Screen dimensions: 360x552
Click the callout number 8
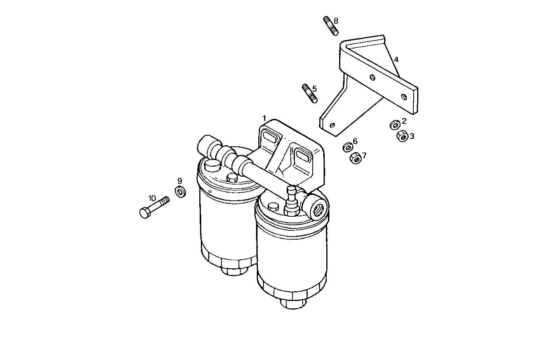point(336,21)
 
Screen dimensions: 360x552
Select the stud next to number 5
point(309,94)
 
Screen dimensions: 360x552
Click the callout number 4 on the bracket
point(396,59)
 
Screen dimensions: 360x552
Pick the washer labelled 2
point(395,125)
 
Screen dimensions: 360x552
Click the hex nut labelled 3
point(402,136)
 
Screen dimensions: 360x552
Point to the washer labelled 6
point(348,147)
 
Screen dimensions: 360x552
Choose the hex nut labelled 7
point(355,158)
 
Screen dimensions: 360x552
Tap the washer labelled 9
point(181,191)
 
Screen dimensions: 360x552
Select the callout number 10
point(151,197)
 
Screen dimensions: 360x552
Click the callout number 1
point(264,118)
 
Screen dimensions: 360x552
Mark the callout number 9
point(179,181)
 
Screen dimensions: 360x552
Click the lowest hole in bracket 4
point(332,125)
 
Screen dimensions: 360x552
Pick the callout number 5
point(315,89)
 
